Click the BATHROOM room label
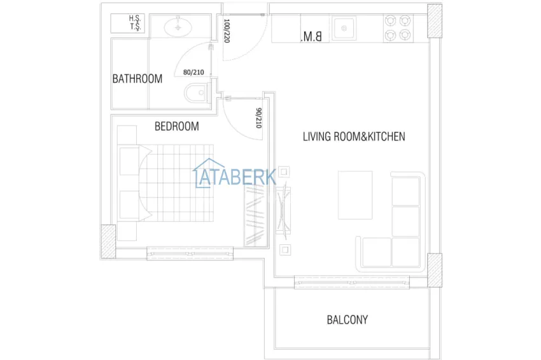(137, 79)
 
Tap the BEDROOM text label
(176, 127)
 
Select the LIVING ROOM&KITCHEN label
(354, 137)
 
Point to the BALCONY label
(347, 319)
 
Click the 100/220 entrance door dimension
(227, 30)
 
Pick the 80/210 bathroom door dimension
(193, 72)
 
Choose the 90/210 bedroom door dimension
(258, 118)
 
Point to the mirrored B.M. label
(311, 37)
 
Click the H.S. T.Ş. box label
(135, 23)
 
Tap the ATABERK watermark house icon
(205, 173)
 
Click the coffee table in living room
(355, 195)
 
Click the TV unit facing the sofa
(284, 210)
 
